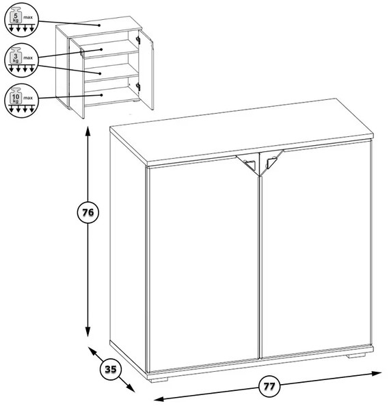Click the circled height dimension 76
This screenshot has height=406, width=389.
(88, 212)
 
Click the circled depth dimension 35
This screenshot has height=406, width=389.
(111, 369)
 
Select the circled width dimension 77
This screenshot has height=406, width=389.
(269, 386)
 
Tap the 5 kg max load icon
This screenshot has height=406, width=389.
(21, 20)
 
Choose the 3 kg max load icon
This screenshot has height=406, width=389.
(21, 60)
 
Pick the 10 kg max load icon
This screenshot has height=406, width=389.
(21, 101)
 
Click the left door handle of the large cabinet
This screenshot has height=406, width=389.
(250, 164)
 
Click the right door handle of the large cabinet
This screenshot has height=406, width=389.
(271, 162)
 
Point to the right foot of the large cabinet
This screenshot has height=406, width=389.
(356, 355)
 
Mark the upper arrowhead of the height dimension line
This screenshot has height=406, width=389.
(88, 131)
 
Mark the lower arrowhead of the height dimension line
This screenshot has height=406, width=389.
(88, 331)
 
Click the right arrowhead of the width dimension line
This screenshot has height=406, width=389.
(377, 374)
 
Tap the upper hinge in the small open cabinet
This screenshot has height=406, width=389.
(138, 40)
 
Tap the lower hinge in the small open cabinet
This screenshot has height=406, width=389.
(138, 87)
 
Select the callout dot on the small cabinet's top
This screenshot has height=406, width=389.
(99, 25)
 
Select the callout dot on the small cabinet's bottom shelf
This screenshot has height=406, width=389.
(102, 95)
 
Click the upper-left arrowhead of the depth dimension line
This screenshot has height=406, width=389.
(92, 351)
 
